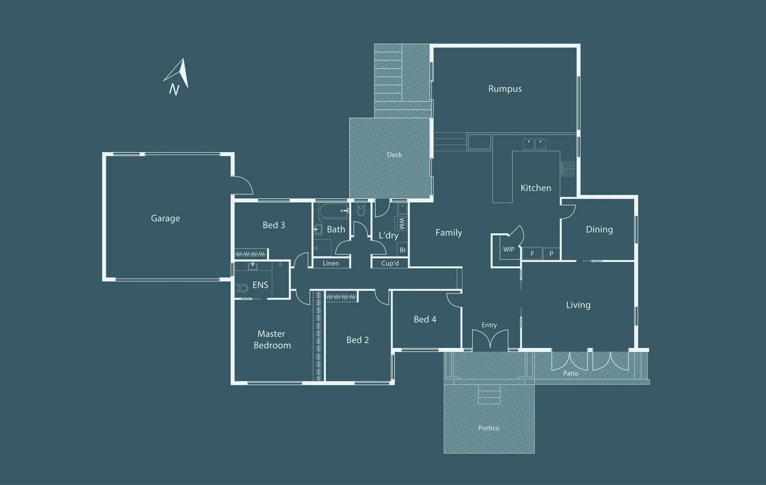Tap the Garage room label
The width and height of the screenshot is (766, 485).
[165, 219]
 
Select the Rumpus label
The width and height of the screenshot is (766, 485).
[505, 89]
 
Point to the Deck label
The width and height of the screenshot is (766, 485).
[394, 155]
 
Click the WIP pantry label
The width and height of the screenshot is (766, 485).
[508, 250]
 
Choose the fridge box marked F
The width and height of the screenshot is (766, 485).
[532, 254]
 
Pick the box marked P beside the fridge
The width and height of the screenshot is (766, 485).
[551, 254]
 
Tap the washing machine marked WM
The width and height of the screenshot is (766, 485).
[401, 223]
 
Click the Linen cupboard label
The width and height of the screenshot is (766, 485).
[330, 264]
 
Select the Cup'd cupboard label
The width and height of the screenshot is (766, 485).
[390, 264]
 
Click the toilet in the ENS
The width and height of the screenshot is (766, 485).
[242, 287]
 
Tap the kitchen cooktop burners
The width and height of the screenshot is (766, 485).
[568, 169]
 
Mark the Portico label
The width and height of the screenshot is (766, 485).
[489, 428]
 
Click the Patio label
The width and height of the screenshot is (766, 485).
[571, 374]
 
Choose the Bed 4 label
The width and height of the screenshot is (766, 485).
[425, 320]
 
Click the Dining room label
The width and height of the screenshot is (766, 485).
[599, 229]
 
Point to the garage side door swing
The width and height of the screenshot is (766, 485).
[243, 185]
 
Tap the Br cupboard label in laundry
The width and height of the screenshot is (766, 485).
[403, 250]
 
